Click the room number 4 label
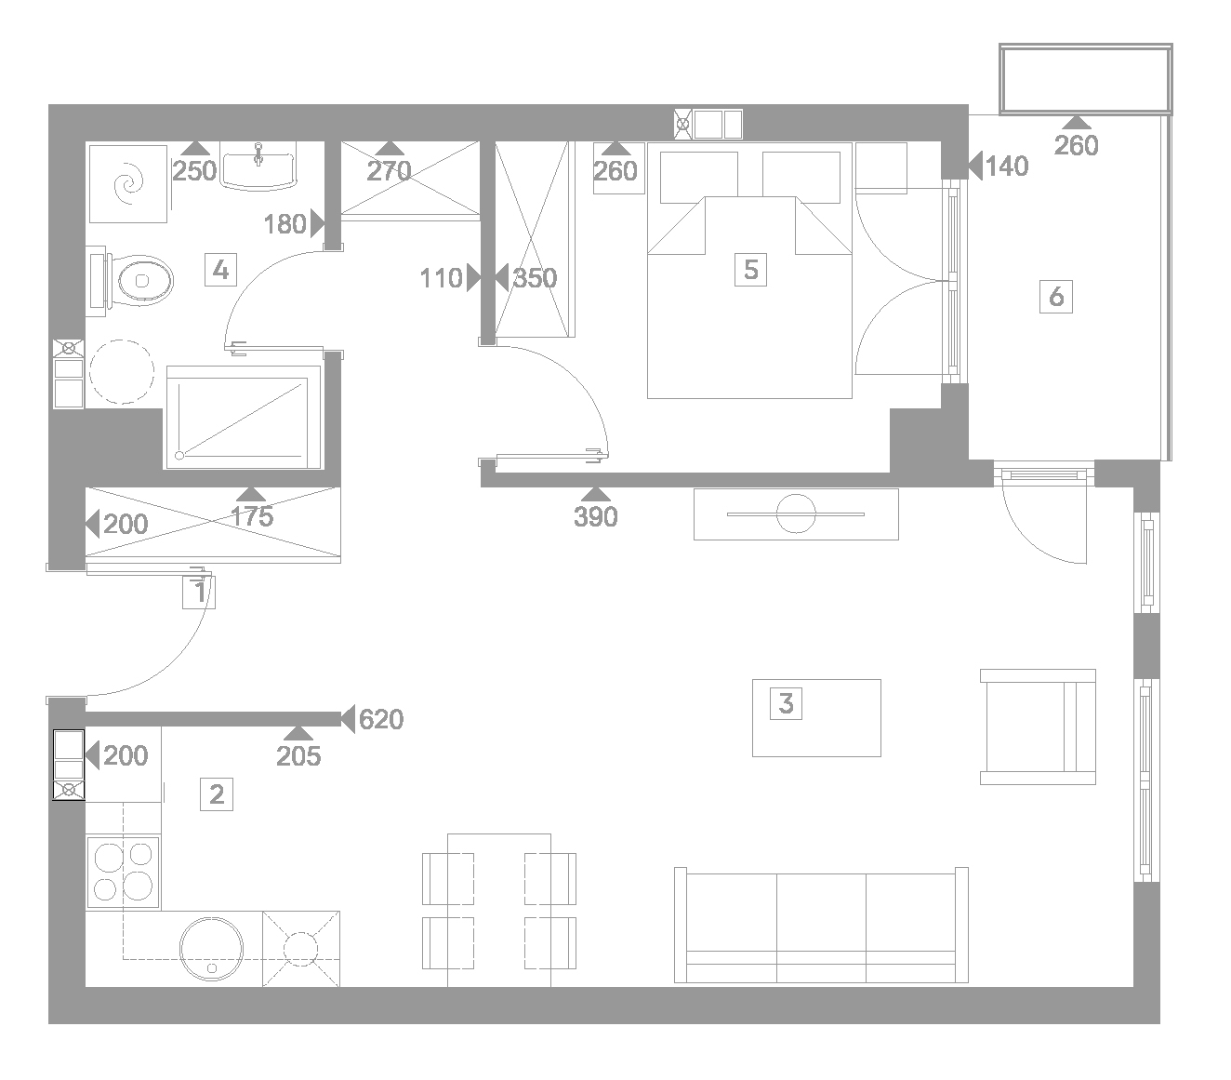[x=220, y=270]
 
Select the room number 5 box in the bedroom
[x=750, y=270]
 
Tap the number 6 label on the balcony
[x=1056, y=297]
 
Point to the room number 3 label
[x=786, y=703]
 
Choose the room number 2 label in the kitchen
[x=217, y=794]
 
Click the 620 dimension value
[x=381, y=719]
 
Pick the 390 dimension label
[x=595, y=517]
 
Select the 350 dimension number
[x=535, y=278]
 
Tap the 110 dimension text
[x=442, y=278]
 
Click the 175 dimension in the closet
[x=252, y=517]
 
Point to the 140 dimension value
[x=1007, y=166]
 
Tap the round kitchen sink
[x=211, y=949]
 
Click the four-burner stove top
[x=124, y=873]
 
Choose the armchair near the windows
[x=1038, y=727]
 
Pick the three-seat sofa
[x=821, y=925]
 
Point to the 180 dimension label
[x=285, y=224]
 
